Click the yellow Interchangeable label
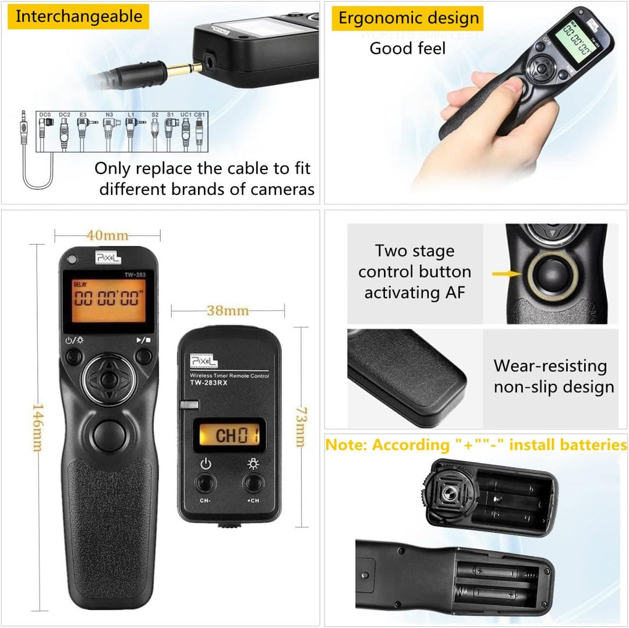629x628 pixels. tap(79, 16)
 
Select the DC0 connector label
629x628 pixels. tap(45, 115)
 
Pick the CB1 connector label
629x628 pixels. tap(200, 115)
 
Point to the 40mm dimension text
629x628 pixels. tap(108, 235)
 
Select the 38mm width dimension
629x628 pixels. tap(228, 311)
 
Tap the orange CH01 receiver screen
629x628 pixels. tap(229, 435)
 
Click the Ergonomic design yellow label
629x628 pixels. tap(409, 18)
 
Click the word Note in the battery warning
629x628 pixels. tap(345, 445)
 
